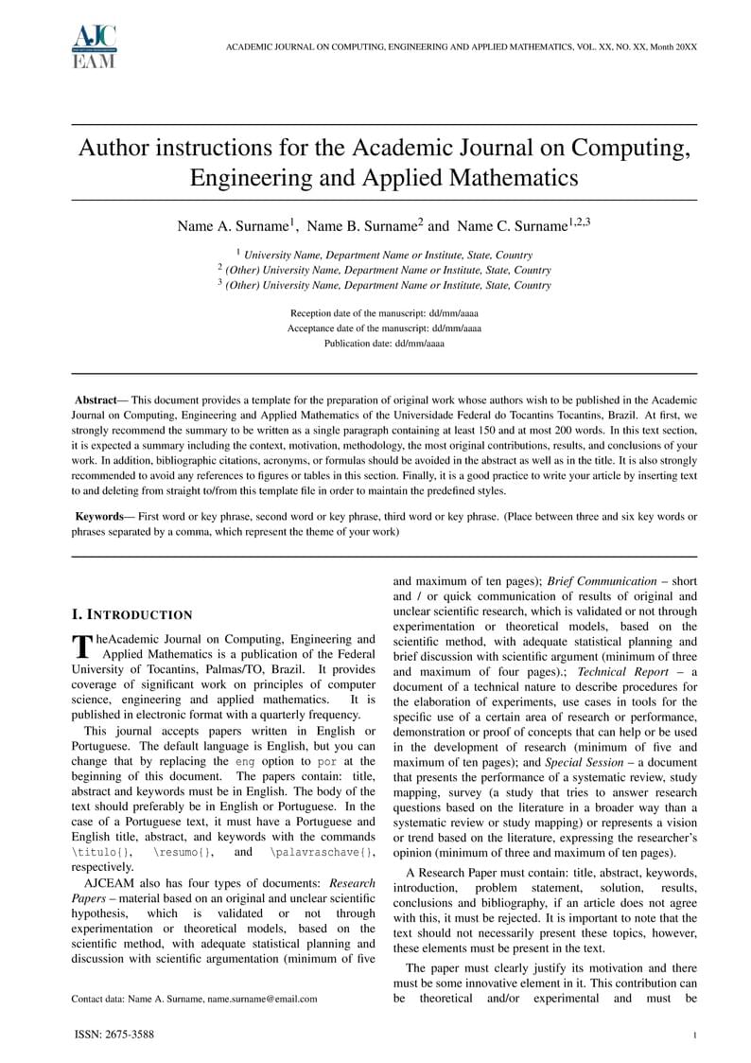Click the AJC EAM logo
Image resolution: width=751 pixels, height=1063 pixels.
[x=94, y=46]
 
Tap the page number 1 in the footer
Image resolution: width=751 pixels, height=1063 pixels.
[x=694, y=1036]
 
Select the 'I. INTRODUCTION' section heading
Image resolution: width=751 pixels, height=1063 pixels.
[x=132, y=615]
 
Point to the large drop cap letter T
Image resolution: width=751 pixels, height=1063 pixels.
[x=81, y=646]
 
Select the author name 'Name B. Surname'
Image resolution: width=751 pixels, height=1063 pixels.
[x=364, y=226]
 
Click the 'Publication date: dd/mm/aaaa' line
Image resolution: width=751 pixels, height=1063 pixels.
[x=384, y=344]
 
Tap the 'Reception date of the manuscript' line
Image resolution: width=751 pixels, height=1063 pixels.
[x=384, y=312]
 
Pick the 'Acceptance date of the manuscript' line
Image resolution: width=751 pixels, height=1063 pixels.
[x=384, y=328]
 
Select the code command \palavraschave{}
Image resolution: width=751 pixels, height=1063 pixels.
[x=322, y=853]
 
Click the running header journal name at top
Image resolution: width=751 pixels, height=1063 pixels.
[x=462, y=46]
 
